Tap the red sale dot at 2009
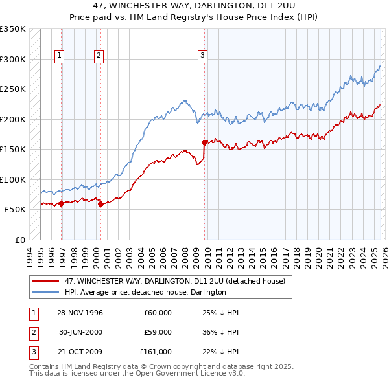[x=205, y=142]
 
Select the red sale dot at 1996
[x=62, y=203]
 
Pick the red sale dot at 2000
[x=101, y=204]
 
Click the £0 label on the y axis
[x=19, y=240]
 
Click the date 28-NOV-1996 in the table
[x=80, y=313]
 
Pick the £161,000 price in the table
[x=156, y=352]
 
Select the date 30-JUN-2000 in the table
[x=80, y=332]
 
